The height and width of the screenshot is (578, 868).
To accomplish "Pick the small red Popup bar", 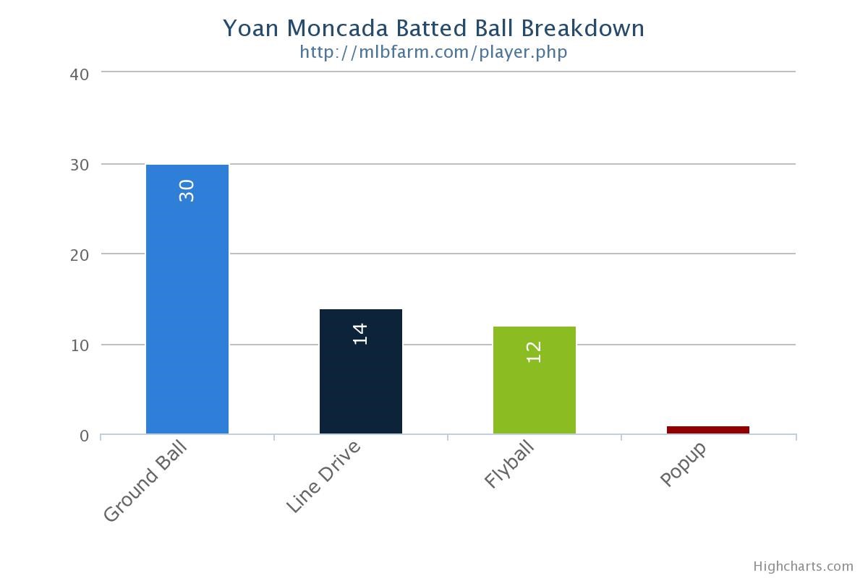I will tap(708, 430).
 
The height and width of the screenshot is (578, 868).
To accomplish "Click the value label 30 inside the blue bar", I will tap(187, 191).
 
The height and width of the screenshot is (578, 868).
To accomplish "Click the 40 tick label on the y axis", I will tap(80, 74).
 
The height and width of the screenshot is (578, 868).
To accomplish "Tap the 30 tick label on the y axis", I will tap(80, 165).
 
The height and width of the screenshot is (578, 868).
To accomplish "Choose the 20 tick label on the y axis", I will tap(80, 255).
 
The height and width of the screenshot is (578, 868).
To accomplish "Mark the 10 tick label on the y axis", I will tap(80, 345).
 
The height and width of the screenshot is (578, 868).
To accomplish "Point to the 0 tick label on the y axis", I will tap(85, 436).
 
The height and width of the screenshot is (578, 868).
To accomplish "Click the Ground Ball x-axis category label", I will tap(145, 481).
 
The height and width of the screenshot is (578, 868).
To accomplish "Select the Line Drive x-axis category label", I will tap(323, 477).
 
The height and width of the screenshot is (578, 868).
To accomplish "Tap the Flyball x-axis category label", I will tap(509, 465).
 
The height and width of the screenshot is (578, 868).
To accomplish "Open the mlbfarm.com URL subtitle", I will tap(433, 52).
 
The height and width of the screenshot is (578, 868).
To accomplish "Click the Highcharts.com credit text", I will tap(803, 566).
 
